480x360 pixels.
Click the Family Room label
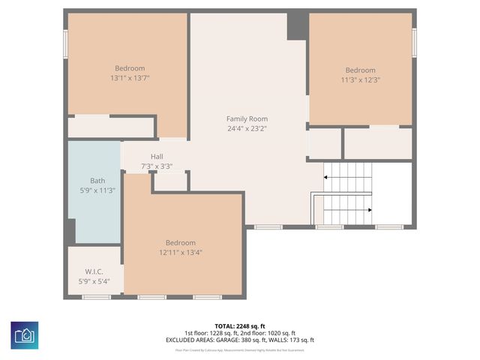click(247, 118)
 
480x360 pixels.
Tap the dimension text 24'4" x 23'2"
click(247, 128)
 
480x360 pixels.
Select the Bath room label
click(97, 181)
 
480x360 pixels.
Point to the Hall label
click(156, 157)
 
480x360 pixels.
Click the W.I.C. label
click(94, 272)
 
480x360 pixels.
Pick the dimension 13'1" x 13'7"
click(130, 78)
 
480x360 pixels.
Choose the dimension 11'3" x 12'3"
click(360, 79)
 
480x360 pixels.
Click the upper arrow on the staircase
click(327, 178)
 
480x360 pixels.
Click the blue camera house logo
click(25, 335)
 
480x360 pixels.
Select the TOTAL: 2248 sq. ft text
click(240, 326)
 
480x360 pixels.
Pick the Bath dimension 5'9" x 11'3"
click(97, 190)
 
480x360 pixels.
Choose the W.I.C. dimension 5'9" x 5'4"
click(94, 282)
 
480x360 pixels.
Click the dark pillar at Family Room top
click(296, 25)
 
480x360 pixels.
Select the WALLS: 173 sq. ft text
click(292, 340)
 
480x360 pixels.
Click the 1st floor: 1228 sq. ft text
click(211, 333)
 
